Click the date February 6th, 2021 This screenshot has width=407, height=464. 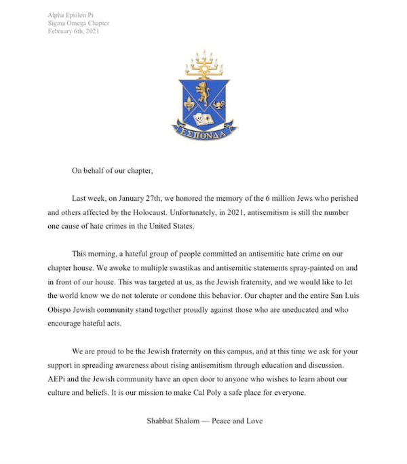(x=73, y=31)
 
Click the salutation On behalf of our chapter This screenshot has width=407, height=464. (x=112, y=170)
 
